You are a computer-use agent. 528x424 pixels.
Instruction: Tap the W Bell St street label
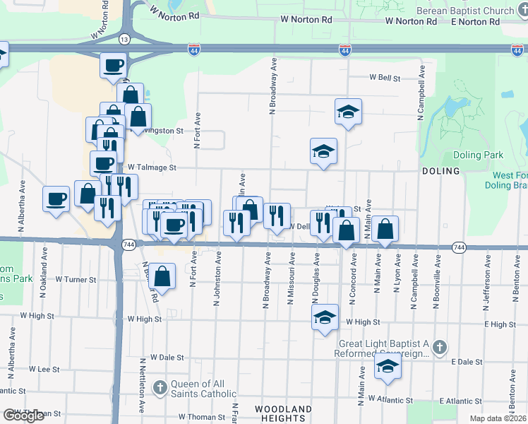[x=385, y=78]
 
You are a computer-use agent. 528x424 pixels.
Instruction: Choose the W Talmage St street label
[x=151, y=167]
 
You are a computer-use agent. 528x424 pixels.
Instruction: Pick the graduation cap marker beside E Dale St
[x=387, y=366]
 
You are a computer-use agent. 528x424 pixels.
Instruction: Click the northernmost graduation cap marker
[x=348, y=112]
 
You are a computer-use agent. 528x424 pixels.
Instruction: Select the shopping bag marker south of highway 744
[x=162, y=276]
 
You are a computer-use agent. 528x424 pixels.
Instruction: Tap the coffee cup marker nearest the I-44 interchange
[x=114, y=66]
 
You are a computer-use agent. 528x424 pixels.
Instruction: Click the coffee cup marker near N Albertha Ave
[x=56, y=199]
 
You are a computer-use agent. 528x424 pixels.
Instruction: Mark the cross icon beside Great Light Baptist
[x=440, y=347]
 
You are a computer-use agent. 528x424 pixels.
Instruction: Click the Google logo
[x=23, y=416]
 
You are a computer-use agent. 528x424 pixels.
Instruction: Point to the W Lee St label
[x=44, y=369]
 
